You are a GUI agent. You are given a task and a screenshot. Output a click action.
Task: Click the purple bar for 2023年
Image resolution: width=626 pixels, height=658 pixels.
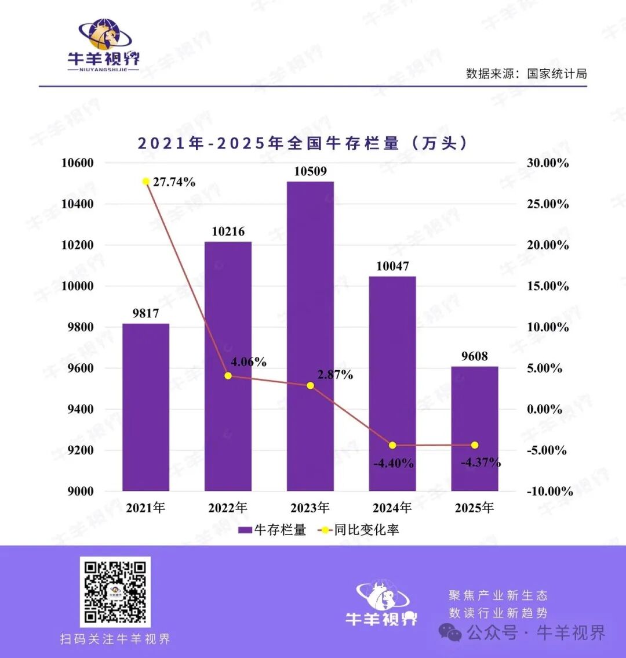pyautogui.click(x=310, y=337)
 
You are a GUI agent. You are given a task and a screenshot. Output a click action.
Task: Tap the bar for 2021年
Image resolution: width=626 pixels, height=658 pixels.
pyautogui.click(x=145, y=406)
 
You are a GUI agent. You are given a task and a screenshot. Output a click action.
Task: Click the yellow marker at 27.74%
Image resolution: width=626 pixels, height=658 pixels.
pyautogui.click(x=146, y=182)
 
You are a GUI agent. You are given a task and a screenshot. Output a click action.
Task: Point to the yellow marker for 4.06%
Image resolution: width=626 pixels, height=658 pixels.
pyautogui.click(x=228, y=376)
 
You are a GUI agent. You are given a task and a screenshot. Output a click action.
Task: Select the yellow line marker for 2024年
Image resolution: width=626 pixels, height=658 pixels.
pyautogui.click(x=392, y=445)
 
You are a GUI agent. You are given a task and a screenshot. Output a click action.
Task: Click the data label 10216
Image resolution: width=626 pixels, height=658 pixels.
pyautogui.click(x=228, y=232)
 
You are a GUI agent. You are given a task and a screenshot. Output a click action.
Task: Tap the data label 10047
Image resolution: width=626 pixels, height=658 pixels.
pyautogui.click(x=392, y=266)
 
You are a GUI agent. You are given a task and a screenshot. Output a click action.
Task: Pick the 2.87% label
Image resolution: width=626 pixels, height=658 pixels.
pyautogui.click(x=335, y=375)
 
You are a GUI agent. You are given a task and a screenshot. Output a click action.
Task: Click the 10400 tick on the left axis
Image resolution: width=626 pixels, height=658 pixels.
pyautogui.click(x=78, y=204)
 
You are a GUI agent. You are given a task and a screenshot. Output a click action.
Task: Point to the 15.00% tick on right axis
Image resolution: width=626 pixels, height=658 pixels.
pyautogui.click(x=548, y=286)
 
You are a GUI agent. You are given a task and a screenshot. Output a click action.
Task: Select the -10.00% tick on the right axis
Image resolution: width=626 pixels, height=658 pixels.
pyautogui.click(x=549, y=491)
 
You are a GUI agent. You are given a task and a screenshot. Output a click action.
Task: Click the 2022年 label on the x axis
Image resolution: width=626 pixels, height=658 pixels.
pyautogui.click(x=228, y=508)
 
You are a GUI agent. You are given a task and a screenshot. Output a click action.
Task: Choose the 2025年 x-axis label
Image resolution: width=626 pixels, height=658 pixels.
pyautogui.click(x=475, y=508)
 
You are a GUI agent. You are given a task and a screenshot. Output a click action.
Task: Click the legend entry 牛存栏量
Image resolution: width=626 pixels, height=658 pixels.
pyautogui.click(x=272, y=530)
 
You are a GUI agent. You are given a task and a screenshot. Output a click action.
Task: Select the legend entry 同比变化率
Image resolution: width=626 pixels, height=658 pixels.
pyautogui.click(x=359, y=530)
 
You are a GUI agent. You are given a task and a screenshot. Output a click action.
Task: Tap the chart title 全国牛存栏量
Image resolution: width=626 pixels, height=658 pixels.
pyautogui.click(x=302, y=143)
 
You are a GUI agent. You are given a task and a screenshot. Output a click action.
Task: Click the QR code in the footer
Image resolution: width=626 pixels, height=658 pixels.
pyautogui.click(x=115, y=591)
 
